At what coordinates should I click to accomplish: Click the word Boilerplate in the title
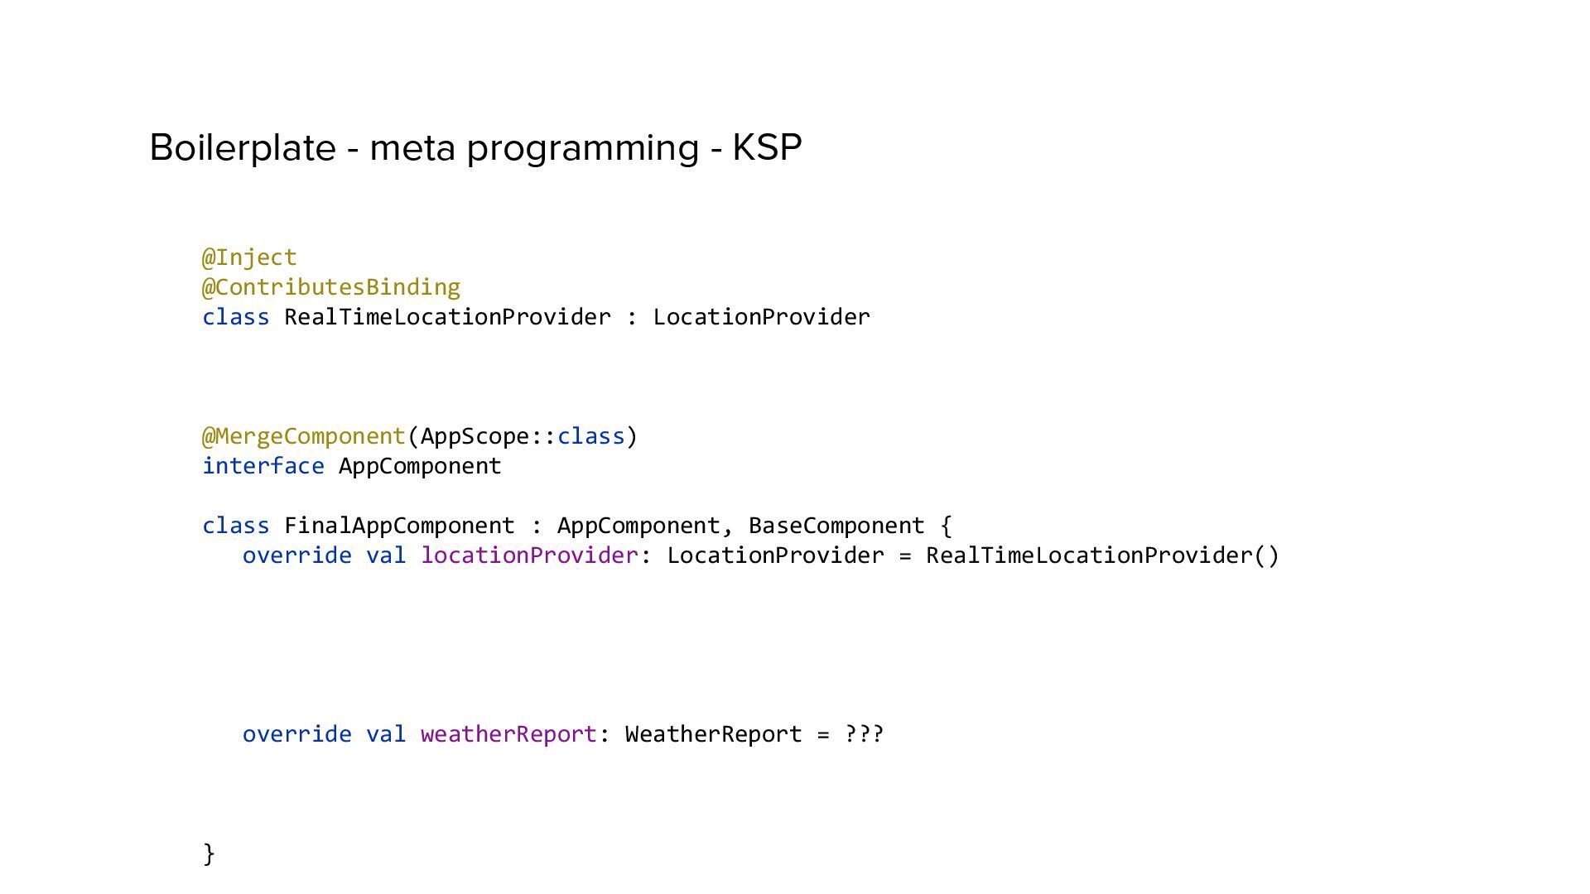click(242, 147)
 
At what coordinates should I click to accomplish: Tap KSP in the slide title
click(767, 147)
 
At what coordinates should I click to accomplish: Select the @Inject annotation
click(249, 257)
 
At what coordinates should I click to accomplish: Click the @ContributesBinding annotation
click(331, 287)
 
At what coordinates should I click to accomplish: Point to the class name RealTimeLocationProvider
click(447, 317)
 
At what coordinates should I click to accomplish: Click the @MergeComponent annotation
click(304, 436)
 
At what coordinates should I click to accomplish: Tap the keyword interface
click(263, 466)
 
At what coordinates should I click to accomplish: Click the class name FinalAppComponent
click(399, 526)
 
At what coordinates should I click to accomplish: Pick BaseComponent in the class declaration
click(836, 526)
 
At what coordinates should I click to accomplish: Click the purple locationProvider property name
click(530, 555)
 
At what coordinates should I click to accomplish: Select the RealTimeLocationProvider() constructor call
click(1102, 555)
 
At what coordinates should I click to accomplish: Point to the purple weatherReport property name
click(508, 734)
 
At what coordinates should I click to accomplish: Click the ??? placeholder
click(864, 734)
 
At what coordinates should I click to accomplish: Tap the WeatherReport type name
click(713, 734)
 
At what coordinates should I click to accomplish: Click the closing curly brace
click(209, 853)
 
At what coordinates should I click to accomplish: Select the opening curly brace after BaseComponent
click(947, 526)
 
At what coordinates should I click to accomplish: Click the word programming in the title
click(583, 149)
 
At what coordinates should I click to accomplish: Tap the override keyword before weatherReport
click(296, 734)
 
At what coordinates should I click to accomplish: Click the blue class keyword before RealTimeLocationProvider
click(236, 317)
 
